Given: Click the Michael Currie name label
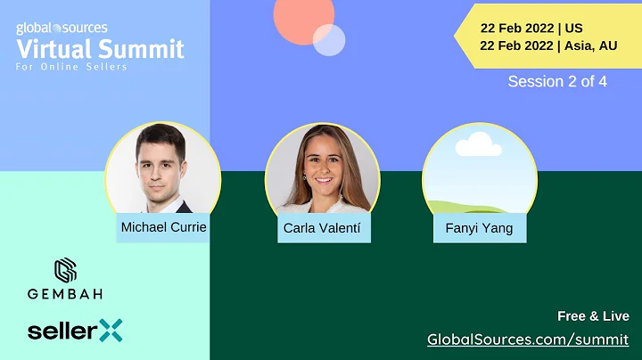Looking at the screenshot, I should tap(163, 227).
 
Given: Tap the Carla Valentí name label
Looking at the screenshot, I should tap(324, 229).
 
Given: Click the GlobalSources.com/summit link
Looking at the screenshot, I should tap(529, 339).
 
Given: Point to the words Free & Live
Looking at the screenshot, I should tap(593, 316).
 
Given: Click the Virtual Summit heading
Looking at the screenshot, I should tap(100, 48).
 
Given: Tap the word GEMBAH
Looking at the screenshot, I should tap(64, 293).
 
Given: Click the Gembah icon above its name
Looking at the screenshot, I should tap(65, 270).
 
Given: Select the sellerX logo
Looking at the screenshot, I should tap(74, 331).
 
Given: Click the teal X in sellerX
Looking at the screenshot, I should tap(111, 330).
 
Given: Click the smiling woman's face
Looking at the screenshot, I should tap(322, 166).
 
